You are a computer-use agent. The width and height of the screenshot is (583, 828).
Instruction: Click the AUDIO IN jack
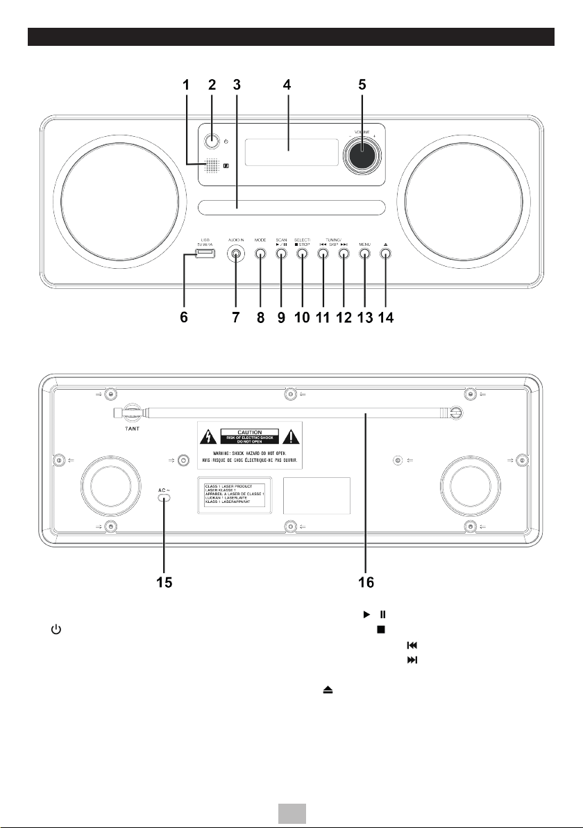click(x=237, y=254)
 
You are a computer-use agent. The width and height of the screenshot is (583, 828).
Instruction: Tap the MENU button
click(x=364, y=254)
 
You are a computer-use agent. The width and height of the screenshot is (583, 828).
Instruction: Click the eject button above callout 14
click(x=385, y=254)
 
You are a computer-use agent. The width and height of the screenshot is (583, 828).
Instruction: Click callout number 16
click(x=365, y=582)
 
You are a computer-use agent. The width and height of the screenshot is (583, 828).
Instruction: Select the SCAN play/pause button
click(x=281, y=254)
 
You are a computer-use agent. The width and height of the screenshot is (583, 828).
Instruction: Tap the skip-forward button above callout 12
click(x=344, y=254)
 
